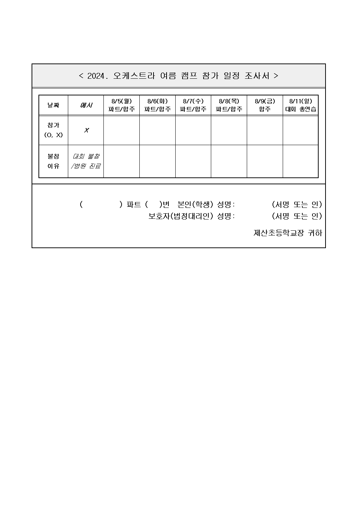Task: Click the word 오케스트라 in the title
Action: click(x=134, y=76)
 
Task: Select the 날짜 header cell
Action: click(x=53, y=106)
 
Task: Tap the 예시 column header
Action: click(x=86, y=106)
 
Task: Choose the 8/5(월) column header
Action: click(x=122, y=105)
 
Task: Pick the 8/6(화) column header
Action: click(x=157, y=105)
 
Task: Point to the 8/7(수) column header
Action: click(x=193, y=105)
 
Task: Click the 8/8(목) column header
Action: click(x=229, y=105)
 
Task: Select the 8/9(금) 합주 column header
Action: click(x=265, y=105)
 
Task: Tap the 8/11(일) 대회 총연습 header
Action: click(x=300, y=105)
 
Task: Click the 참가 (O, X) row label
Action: click(x=53, y=130)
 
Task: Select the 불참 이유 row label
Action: click(x=53, y=161)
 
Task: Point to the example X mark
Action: click(x=86, y=130)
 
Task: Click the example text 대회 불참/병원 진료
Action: click(x=86, y=161)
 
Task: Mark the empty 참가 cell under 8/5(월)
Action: click(x=122, y=130)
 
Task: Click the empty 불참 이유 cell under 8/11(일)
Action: click(x=300, y=161)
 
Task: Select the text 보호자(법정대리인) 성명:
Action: click(x=192, y=216)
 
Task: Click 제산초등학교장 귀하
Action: click(x=287, y=233)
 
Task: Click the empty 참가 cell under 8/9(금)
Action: click(x=265, y=130)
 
